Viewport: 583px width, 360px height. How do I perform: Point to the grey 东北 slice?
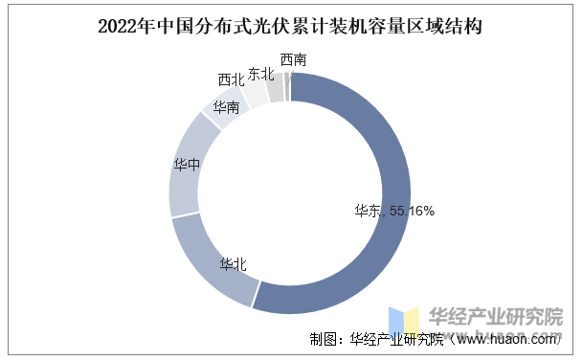tap(275, 88)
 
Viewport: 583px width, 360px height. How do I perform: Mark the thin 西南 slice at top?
tap(286, 86)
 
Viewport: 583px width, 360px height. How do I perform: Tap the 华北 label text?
tap(234, 264)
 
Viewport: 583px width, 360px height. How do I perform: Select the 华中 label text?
tap(188, 164)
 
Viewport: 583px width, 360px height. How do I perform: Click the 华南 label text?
tap(227, 106)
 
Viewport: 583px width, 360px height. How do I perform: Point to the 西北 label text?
tap(231, 79)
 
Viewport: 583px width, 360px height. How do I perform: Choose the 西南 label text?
tap(294, 59)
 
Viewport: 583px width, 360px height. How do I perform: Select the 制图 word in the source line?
tap(324, 339)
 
